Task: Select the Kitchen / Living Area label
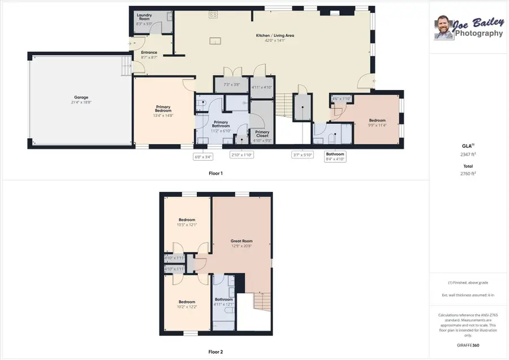click(275, 36)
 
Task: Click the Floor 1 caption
click(215, 173)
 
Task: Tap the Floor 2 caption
click(215, 352)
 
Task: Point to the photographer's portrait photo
click(443, 27)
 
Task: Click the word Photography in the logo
click(478, 33)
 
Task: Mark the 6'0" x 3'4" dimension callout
click(203, 157)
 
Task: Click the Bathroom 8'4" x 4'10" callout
click(335, 157)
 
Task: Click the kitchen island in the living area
click(215, 41)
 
